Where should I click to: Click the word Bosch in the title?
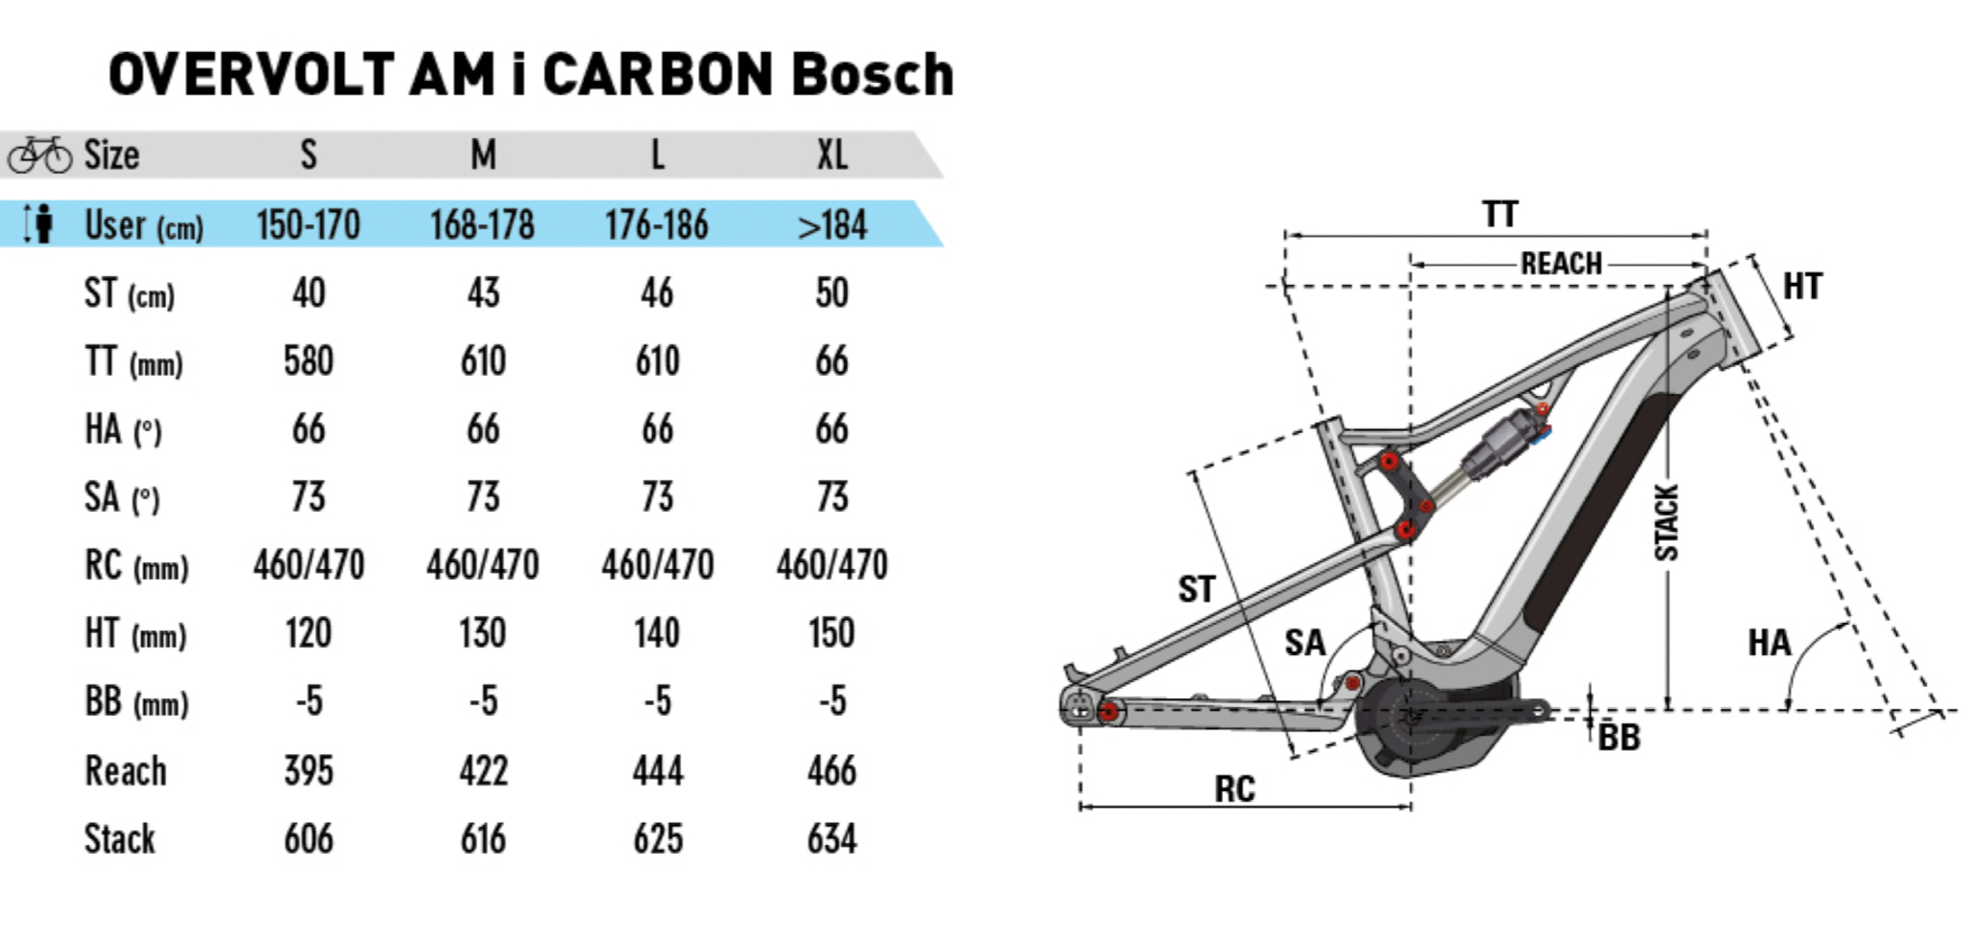tap(872, 75)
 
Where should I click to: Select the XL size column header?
tap(832, 155)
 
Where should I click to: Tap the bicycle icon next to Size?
tap(39, 155)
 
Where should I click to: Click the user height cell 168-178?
tap(482, 225)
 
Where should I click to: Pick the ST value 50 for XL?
tap(832, 293)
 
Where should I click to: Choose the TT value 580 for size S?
tap(308, 361)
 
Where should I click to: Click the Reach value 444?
tap(658, 771)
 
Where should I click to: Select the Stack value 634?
tap(832, 838)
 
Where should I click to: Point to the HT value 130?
tap(482, 634)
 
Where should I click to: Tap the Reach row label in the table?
tap(126, 771)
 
